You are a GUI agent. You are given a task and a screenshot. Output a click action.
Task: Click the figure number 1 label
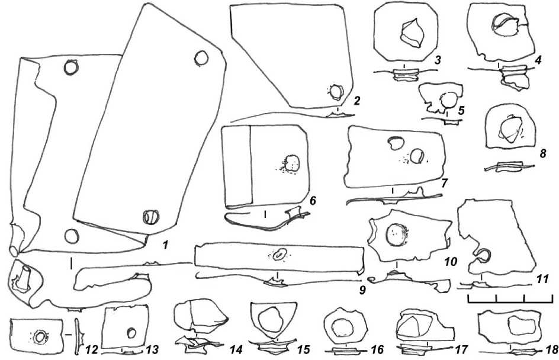click(x=165, y=245)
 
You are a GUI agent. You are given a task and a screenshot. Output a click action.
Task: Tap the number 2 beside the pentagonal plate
click(x=357, y=101)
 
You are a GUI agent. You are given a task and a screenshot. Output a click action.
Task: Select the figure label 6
click(x=313, y=201)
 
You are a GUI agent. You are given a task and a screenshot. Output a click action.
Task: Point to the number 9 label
click(x=362, y=290)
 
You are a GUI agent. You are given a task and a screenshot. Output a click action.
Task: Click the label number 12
click(x=91, y=350)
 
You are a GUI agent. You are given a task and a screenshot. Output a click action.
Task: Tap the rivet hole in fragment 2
click(x=336, y=92)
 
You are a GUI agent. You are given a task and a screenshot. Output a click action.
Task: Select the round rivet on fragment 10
click(x=396, y=234)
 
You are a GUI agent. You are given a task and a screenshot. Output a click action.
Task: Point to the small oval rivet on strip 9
click(x=279, y=255)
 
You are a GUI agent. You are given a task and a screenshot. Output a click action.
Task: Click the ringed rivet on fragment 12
click(x=39, y=336)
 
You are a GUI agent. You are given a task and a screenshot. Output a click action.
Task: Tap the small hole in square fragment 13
click(x=131, y=333)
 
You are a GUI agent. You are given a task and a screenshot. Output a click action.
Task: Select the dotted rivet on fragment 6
click(x=292, y=163)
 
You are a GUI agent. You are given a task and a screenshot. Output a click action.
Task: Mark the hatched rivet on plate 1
click(x=151, y=217)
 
